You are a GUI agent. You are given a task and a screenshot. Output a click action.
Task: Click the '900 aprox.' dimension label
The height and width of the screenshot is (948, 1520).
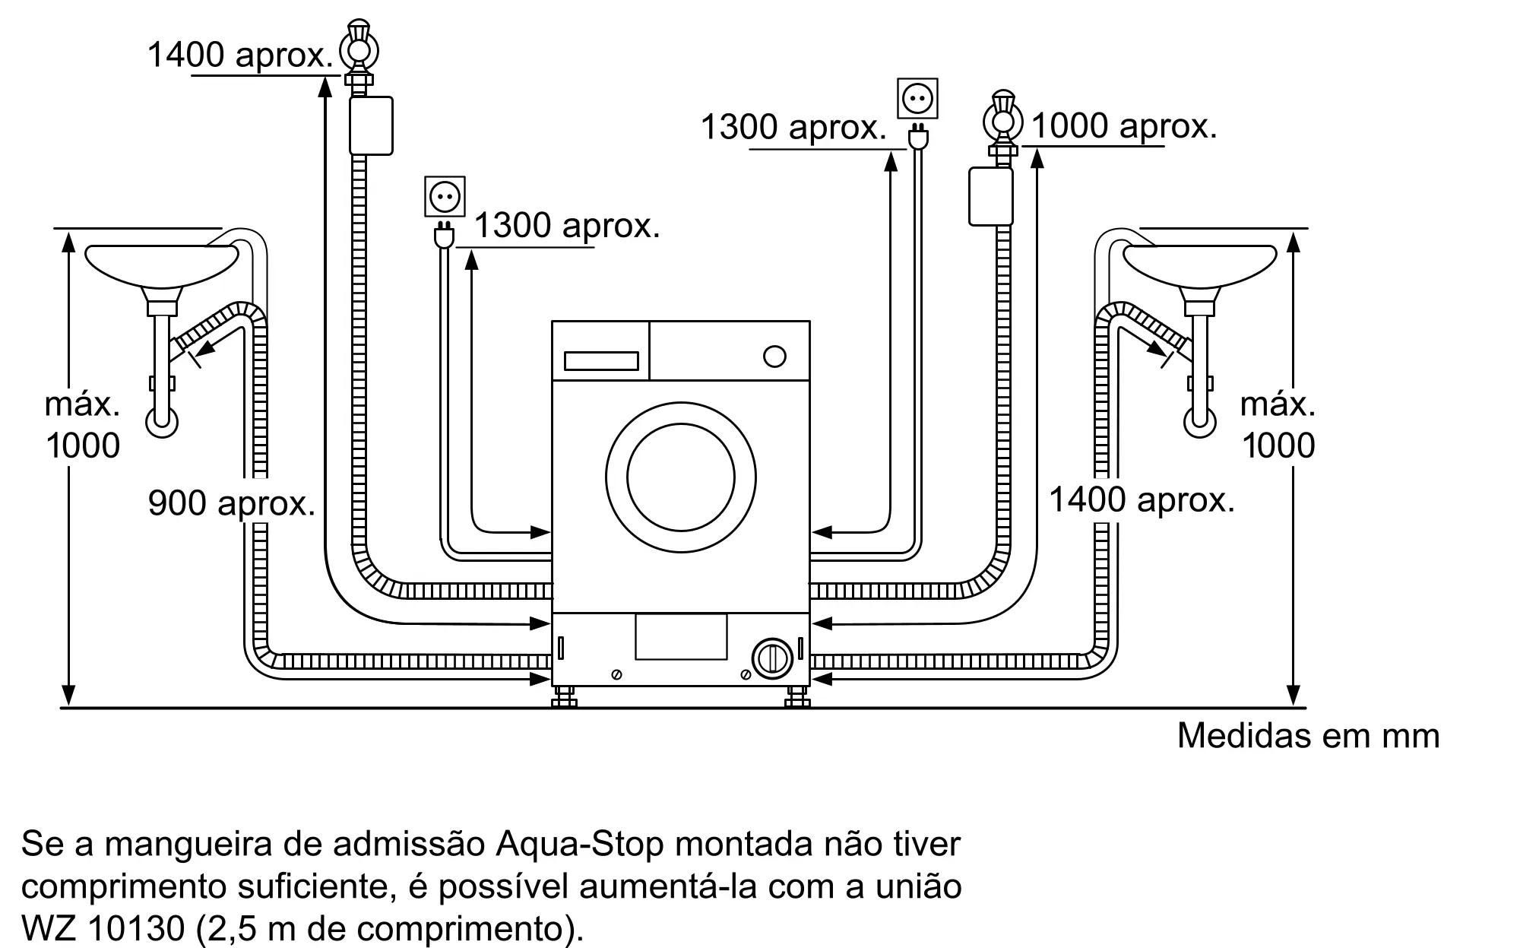[x=232, y=503]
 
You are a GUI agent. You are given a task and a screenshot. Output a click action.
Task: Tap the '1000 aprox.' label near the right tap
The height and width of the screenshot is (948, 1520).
[x=1123, y=126]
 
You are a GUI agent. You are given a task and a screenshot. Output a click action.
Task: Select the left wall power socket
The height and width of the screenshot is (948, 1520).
[x=445, y=197]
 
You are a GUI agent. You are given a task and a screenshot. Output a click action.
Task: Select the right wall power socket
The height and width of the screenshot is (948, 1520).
[x=917, y=98]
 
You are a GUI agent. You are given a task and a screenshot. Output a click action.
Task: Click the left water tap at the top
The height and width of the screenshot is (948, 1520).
[x=358, y=49]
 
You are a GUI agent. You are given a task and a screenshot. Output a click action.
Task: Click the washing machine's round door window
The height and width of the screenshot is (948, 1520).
[x=681, y=477]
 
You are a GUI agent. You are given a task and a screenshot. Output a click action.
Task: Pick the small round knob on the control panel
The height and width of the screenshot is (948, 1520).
[x=774, y=357]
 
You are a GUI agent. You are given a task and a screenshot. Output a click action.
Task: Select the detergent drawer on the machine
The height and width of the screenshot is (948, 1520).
[x=601, y=360]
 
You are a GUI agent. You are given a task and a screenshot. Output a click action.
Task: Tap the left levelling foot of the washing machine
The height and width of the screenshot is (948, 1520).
[x=564, y=696]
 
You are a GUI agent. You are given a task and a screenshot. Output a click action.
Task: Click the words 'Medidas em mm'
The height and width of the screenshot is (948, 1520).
[x=1308, y=736]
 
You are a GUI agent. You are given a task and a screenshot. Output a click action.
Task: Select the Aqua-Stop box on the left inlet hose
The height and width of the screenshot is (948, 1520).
[x=371, y=125]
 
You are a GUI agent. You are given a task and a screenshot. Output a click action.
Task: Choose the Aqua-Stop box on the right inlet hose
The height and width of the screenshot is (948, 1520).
[x=991, y=197]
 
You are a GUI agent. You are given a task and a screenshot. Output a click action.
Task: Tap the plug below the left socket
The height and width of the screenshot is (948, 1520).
[x=444, y=236]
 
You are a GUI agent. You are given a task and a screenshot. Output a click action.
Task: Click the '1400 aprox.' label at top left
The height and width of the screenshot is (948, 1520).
[x=240, y=55]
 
